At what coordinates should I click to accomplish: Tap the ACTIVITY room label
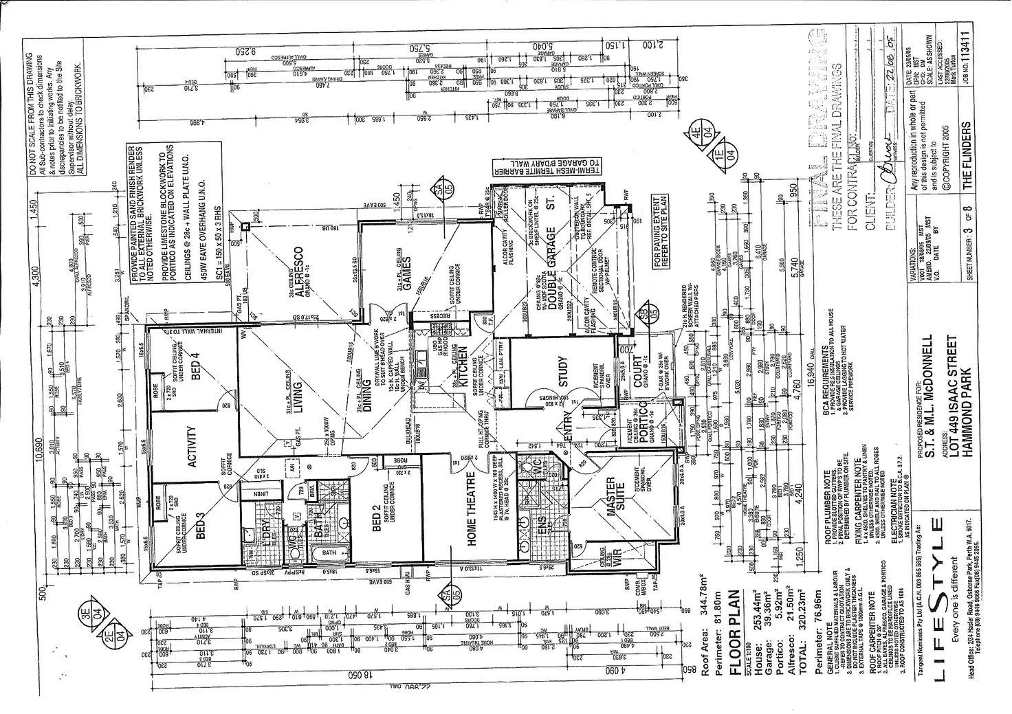[192, 447]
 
